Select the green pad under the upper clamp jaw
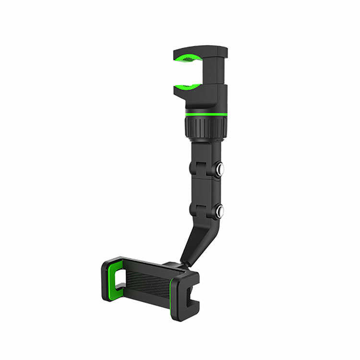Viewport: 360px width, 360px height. [188, 59]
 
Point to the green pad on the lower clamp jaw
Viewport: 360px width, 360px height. [188, 87]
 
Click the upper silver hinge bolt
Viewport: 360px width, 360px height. [220, 169]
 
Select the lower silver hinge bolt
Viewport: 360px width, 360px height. [220, 211]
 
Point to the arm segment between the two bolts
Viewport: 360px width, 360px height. [205, 190]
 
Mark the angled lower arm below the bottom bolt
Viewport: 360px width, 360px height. [197, 240]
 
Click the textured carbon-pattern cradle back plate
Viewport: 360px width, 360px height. [146, 283]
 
